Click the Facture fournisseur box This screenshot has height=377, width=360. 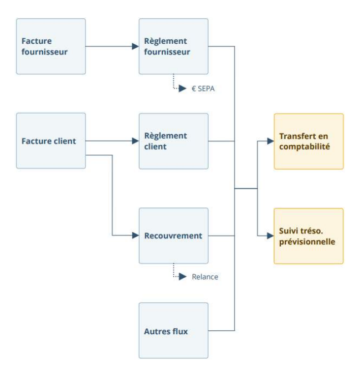[x=51, y=47]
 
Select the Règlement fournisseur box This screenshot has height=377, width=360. [x=173, y=47]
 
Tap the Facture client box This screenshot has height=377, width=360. [x=51, y=141]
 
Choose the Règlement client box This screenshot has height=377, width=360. [x=173, y=141]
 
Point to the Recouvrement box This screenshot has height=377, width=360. [x=173, y=236]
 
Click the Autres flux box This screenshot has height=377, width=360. [x=173, y=330]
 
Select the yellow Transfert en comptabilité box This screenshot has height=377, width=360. [x=308, y=141]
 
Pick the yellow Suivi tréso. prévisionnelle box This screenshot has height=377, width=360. [x=308, y=236]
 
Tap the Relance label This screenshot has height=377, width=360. [x=205, y=277]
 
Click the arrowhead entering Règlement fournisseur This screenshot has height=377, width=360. [x=135, y=47]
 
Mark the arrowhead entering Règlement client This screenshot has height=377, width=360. [x=135, y=141]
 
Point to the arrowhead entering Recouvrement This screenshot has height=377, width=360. [x=135, y=236]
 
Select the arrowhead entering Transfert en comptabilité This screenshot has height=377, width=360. [x=270, y=141]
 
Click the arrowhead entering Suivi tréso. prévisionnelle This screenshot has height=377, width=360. [x=270, y=236]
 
